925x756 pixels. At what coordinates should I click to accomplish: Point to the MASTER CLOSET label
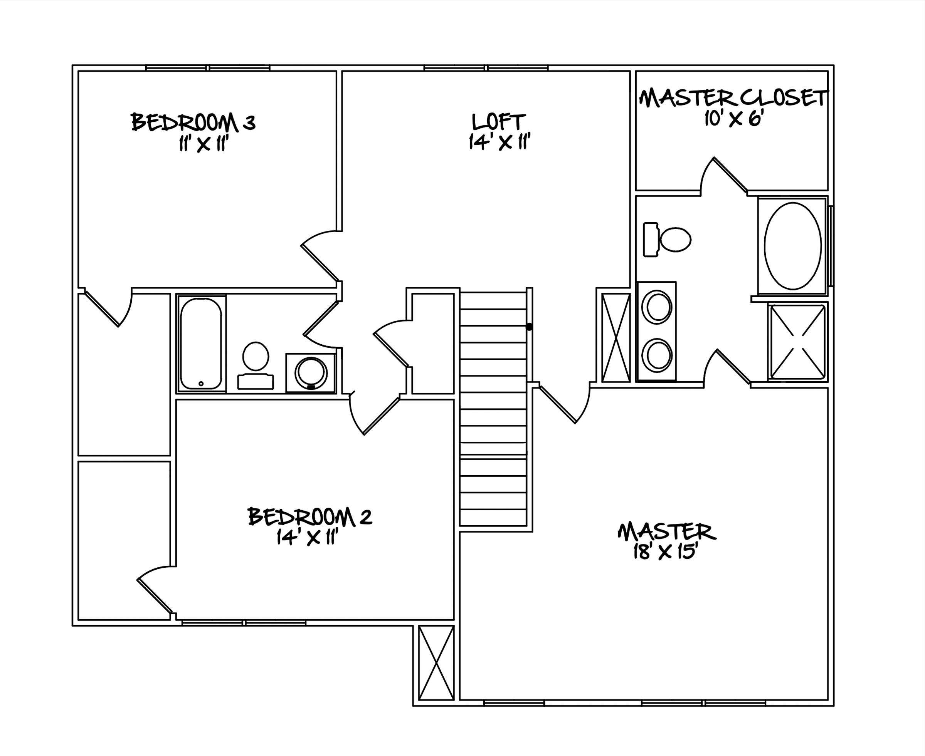pos(733,98)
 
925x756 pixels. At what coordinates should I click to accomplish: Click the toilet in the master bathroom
pos(667,239)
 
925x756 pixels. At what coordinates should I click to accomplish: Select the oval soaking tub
pos(792,246)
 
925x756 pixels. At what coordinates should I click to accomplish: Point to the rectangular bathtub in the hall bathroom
pos(201,344)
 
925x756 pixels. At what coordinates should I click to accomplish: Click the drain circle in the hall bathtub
pos(201,384)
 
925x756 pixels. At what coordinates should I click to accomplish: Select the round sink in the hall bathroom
pos(311,373)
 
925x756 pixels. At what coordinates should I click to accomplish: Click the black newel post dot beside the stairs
pos(530,327)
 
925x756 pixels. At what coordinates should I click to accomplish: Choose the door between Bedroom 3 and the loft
pos(320,256)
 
